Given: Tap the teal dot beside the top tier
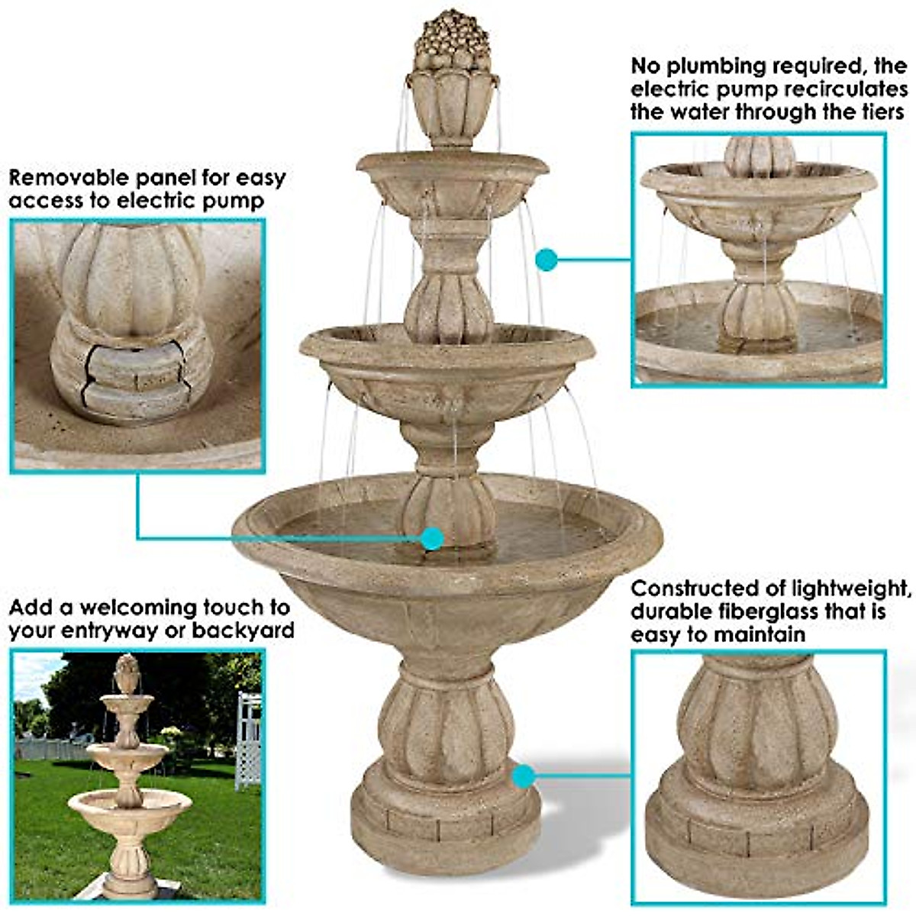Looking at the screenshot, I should point(546,260).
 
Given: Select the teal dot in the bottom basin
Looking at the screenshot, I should point(432,538).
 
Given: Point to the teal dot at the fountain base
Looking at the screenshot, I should point(523,777).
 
